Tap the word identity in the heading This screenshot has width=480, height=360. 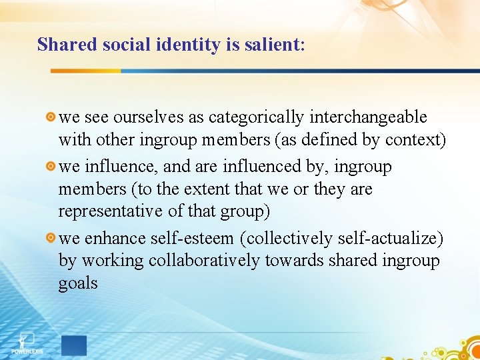coord(175,45)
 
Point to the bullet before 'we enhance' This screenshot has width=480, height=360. coord(51,238)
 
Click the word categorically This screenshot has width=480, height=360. coord(256,117)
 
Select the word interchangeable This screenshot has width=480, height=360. coord(368,117)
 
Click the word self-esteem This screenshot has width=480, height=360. coord(195,237)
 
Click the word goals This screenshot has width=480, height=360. coord(78,283)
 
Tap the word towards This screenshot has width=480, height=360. coord(293,261)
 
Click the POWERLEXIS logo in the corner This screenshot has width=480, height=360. coord(26,343)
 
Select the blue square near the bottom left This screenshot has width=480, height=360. coord(74,345)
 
